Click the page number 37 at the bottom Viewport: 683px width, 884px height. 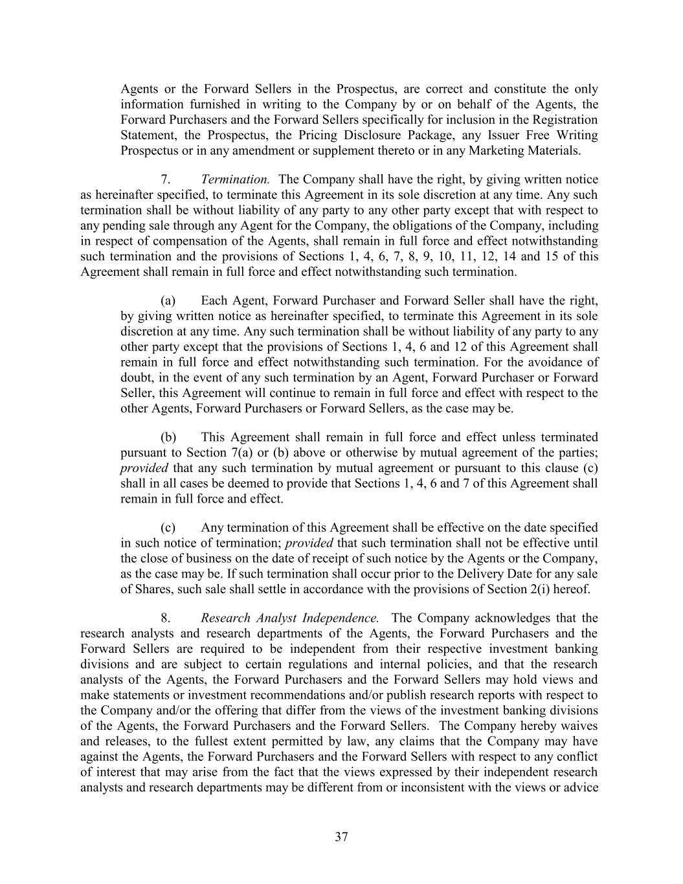(x=341, y=837)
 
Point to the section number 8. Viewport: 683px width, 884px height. (x=166, y=618)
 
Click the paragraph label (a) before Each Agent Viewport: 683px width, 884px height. (x=168, y=301)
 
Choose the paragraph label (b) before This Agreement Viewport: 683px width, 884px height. (x=168, y=437)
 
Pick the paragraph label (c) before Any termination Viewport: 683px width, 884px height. (x=168, y=528)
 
